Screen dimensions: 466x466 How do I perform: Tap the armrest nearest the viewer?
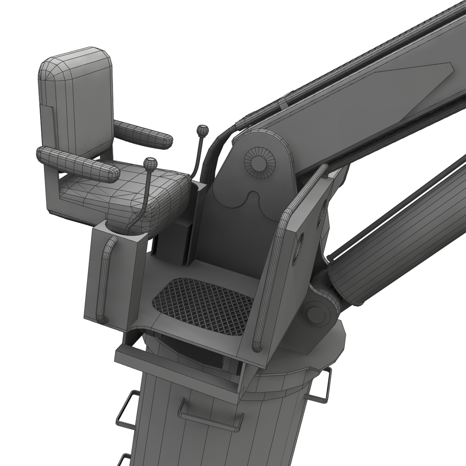pyautogui.click(x=78, y=164)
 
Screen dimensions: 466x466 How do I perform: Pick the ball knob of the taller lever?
pyautogui.click(x=202, y=130)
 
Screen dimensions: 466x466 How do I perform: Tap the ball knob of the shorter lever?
pyautogui.click(x=150, y=164)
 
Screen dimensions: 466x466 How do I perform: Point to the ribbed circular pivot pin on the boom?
pyautogui.click(x=260, y=162)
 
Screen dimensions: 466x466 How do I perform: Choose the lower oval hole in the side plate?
pyautogui.click(x=298, y=249)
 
